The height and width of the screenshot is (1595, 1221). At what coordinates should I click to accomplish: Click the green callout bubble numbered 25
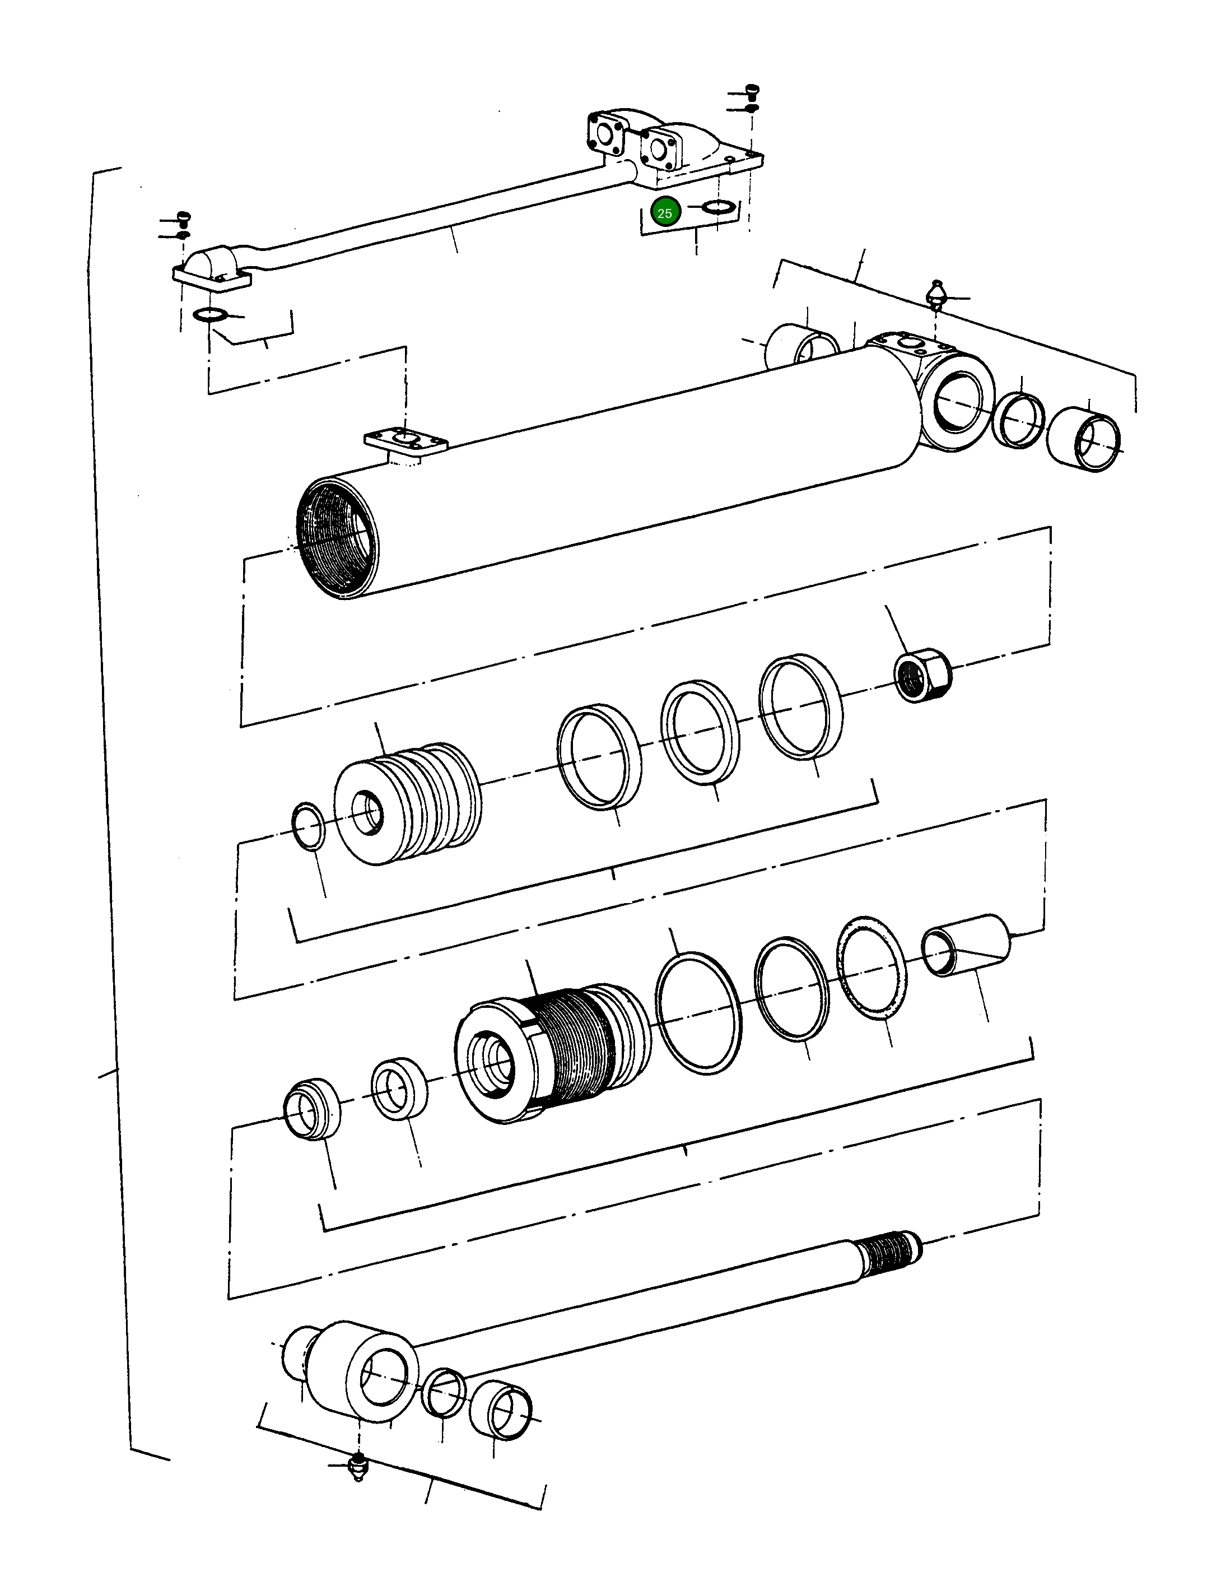coord(664,213)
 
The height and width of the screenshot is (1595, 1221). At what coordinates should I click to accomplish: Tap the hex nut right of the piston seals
coord(922,675)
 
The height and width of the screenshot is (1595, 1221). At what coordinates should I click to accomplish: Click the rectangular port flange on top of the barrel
coord(406,441)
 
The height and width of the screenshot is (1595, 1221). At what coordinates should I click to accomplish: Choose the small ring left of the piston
coord(308,826)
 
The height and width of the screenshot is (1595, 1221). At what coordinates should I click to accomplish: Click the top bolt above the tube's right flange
coord(753,92)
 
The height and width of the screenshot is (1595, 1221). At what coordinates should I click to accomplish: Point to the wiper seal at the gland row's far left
coord(312,1108)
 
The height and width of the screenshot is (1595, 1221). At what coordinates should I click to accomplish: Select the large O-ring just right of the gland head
coord(698,1013)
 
